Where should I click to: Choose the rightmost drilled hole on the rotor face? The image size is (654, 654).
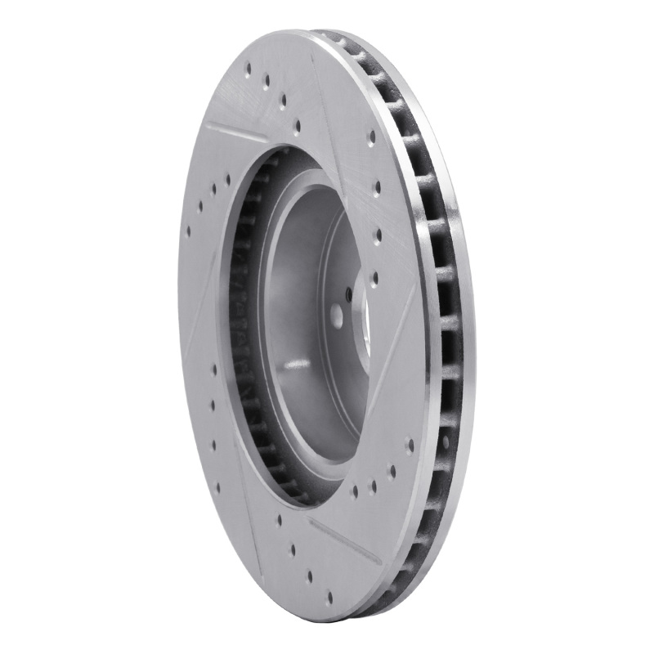pyautogui.click(x=410, y=446)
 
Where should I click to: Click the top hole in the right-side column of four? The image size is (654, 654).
pyautogui.click(x=372, y=137)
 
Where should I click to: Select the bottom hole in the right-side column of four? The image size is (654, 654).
pyautogui.click(x=374, y=278)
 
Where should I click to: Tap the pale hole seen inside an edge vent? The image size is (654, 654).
pyautogui.click(x=446, y=442)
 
